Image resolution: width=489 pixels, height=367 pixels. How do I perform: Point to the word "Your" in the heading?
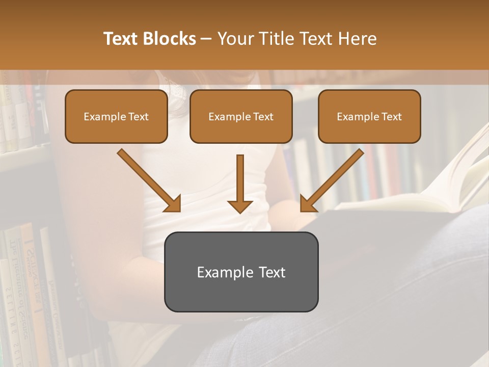click(x=236, y=39)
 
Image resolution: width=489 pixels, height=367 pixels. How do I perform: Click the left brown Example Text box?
click(x=116, y=117)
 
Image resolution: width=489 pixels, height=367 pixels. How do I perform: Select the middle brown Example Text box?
click(x=241, y=117)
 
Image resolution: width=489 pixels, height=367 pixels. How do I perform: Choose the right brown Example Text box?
click(x=369, y=117)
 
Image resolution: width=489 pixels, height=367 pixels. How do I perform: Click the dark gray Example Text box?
click(x=241, y=272)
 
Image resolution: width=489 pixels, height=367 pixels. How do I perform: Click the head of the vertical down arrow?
click(x=240, y=205)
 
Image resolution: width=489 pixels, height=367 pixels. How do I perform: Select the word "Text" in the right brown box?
click(x=392, y=117)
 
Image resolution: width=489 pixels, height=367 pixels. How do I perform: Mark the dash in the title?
click(x=206, y=39)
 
